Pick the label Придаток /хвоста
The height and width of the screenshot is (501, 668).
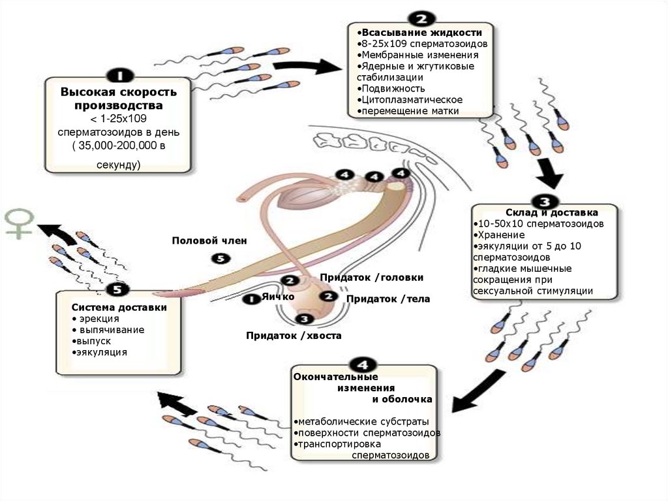tap(293, 336)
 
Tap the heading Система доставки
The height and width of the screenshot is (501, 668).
tap(119, 307)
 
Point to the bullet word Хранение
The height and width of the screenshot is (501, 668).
tap(502, 234)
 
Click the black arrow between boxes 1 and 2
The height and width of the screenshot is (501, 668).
tap(307, 66)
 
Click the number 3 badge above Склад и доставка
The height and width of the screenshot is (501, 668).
tap(543, 200)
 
